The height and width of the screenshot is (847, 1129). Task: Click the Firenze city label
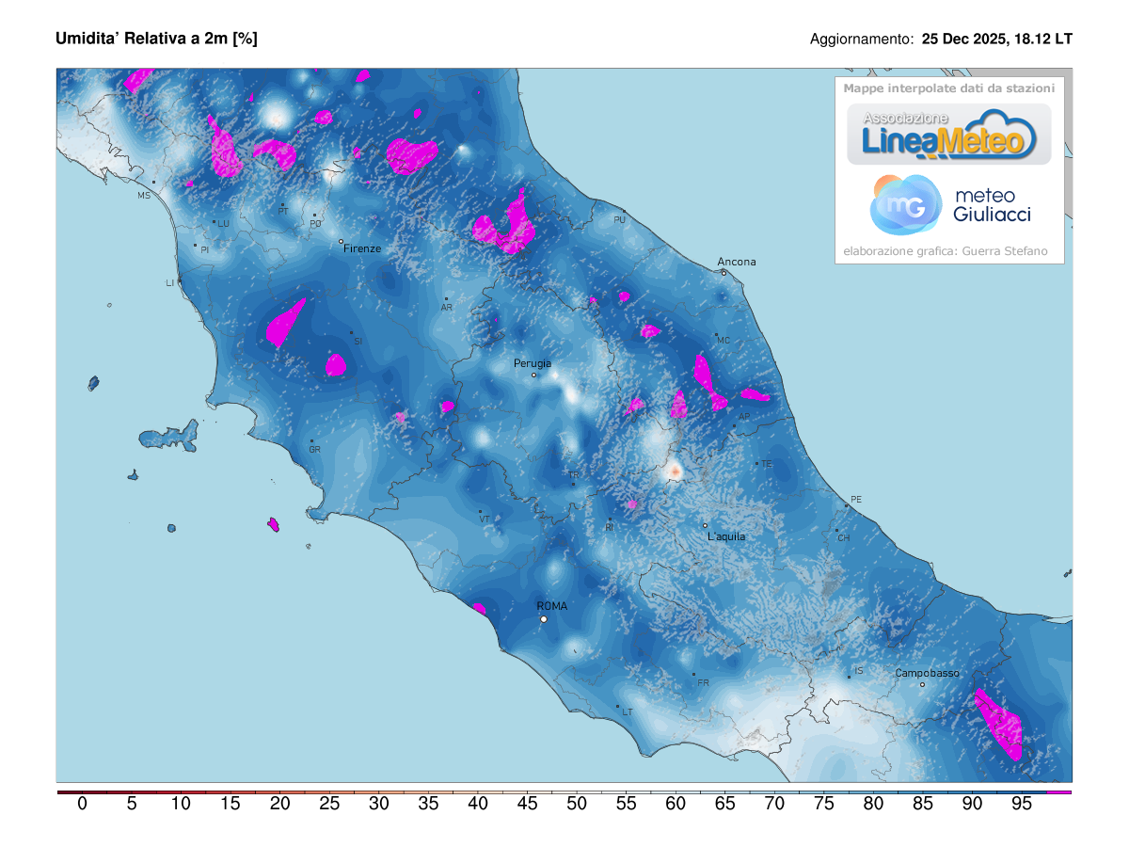tap(362, 248)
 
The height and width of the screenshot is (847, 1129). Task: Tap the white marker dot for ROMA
tap(543, 619)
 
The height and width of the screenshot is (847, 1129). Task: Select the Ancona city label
tap(737, 262)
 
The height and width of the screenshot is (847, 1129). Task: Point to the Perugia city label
tap(533, 363)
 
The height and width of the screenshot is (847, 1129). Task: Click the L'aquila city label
tap(726, 536)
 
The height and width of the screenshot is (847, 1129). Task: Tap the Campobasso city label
tap(927, 673)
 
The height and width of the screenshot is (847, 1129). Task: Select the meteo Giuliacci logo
tap(950, 205)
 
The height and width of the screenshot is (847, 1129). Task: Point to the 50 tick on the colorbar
tap(577, 804)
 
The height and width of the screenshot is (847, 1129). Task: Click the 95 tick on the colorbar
tap(1022, 804)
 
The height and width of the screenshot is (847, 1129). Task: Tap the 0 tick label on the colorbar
tap(82, 804)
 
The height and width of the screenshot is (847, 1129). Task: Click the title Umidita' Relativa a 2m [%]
tap(156, 39)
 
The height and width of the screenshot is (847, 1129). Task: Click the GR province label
tap(315, 450)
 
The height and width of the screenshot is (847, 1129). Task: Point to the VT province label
tap(485, 519)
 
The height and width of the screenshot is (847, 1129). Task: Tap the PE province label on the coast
tap(855, 499)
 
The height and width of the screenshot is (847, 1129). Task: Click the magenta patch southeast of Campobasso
tap(999, 724)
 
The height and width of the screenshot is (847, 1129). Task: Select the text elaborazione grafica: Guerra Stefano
tap(945, 251)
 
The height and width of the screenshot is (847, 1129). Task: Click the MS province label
tap(144, 196)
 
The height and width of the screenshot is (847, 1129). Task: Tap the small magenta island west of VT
tap(274, 524)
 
